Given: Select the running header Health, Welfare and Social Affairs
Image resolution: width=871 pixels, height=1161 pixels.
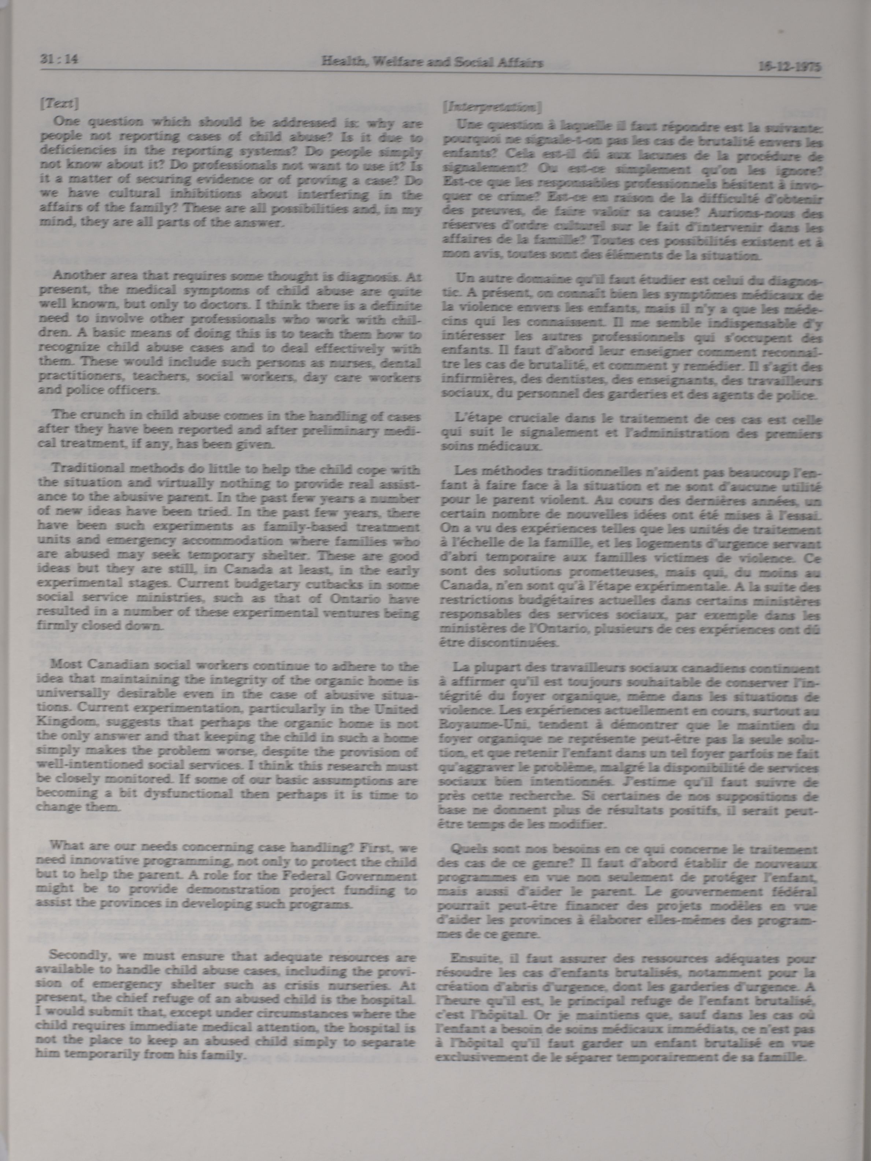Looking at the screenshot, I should [x=432, y=63].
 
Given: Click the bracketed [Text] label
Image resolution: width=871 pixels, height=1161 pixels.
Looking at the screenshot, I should [x=59, y=104].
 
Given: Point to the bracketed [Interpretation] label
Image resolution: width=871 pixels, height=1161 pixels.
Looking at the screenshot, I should [x=492, y=108].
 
